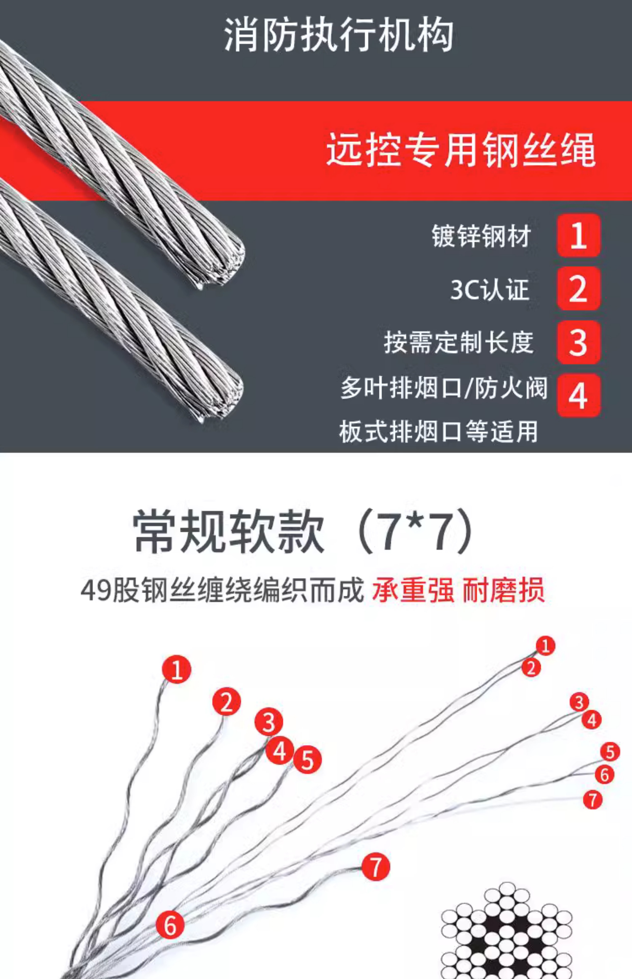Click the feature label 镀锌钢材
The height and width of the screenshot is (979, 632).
click(481, 236)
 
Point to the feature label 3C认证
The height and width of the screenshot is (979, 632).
click(490, 289)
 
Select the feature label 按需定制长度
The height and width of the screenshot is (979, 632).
click(459, 343)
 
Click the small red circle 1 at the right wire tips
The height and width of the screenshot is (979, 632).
click(545, 646)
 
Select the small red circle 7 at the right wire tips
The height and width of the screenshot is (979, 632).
click(592, 800)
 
